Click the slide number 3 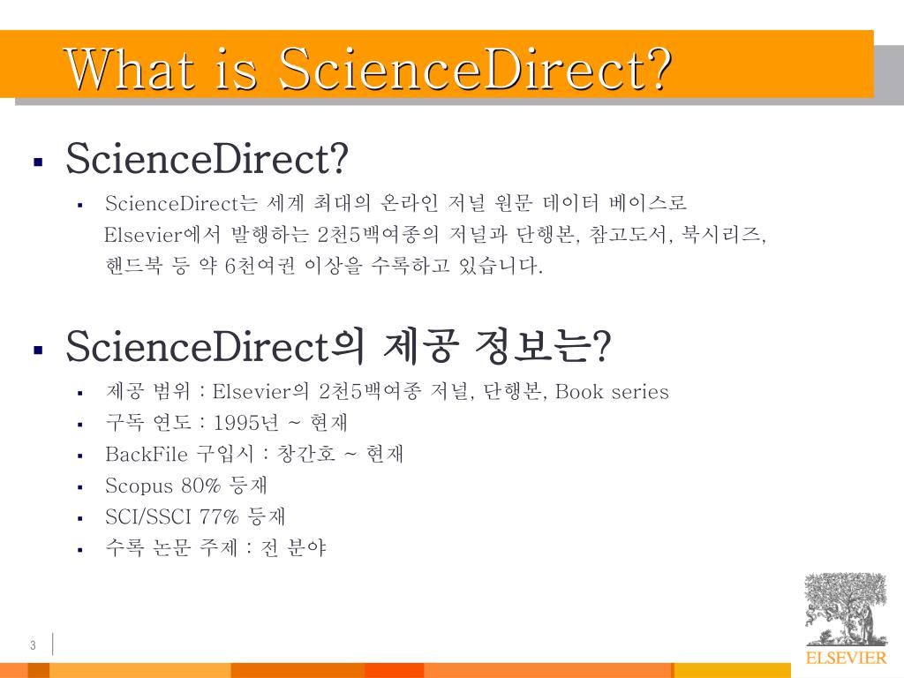pyautogui.click(x=33, y=645)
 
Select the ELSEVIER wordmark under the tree pyautogui.click(x=845, y=658)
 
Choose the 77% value pyautogui.click(x=220, y=517)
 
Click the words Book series pyautogui.click(x=612, y=392)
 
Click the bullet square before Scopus pyautogui.click(x=79, y=487)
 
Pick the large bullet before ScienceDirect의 pyautogui.click(x=38, y=350)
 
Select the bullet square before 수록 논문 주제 pyautogui.click(x=79, y=550)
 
